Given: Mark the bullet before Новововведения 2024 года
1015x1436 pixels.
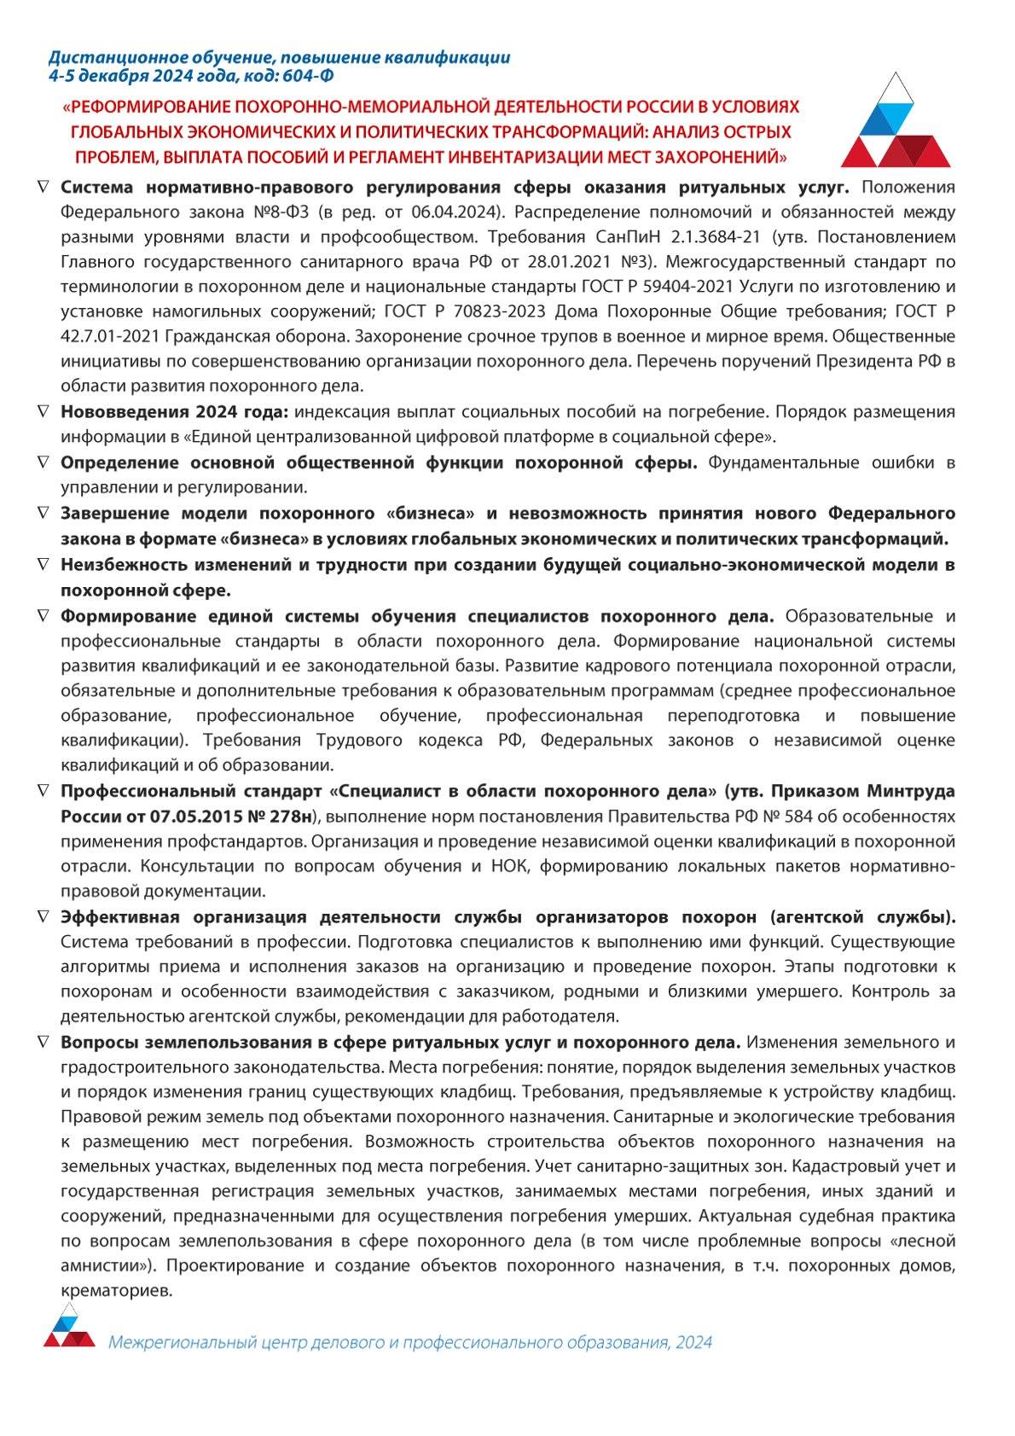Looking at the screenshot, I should pyautogui.click(x=43, y=411).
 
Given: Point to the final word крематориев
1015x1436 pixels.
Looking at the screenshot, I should pyautogui.click(x=117, y=1291).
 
